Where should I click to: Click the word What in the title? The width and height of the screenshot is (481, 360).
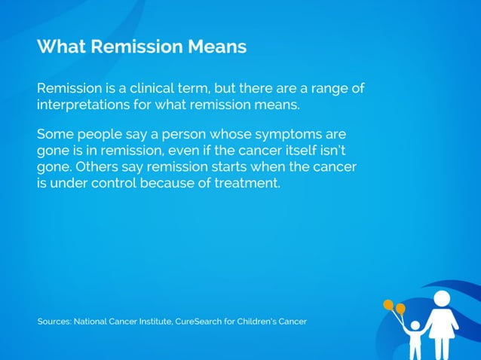click(x=60, y=47)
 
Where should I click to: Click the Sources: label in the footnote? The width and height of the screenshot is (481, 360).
click(x=54, y=322)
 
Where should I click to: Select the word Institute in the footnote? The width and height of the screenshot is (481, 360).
click(x=153, y=322)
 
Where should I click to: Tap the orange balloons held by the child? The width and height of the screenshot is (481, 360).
click(x=394, y=307)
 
